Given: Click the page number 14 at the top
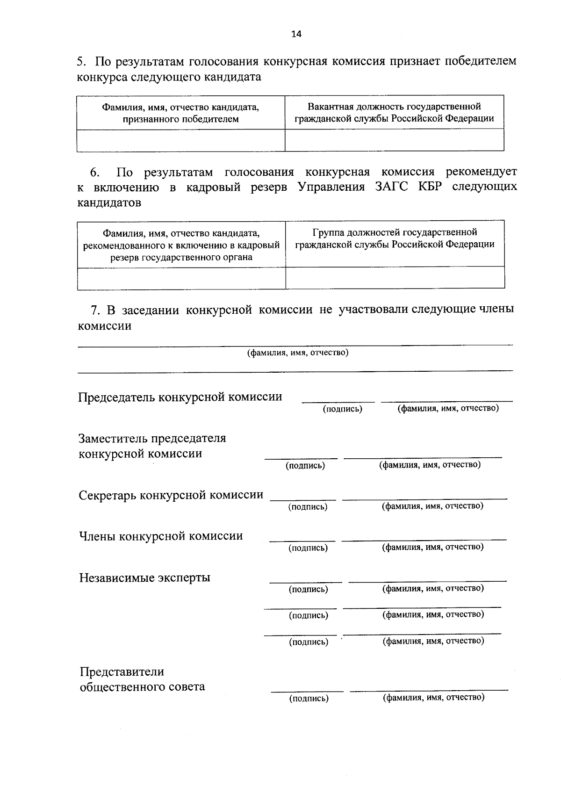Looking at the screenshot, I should [296, 34].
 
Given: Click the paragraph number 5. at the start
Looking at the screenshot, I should [82, 61].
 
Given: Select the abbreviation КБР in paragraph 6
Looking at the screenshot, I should [430, 187].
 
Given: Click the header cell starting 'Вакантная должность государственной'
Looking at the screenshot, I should [394, 112].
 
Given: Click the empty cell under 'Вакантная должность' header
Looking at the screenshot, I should [394, 140].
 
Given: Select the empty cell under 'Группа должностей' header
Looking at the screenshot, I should [395, 278].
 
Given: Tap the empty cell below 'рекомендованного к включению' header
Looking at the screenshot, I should [181, 278].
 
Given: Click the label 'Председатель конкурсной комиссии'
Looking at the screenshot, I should [180, 397].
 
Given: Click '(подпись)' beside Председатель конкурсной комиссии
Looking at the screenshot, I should [343, 409].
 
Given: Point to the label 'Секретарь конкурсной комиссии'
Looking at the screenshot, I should [171, 495].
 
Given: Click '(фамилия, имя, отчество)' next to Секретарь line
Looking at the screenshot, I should [432, 506].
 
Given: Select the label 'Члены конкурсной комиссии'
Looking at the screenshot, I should [161, 536].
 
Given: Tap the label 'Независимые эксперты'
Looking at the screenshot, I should [144, 577].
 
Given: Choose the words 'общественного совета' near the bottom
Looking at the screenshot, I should [142, 687].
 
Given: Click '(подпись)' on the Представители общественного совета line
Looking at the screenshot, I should [309, 699].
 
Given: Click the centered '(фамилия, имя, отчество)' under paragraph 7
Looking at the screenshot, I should [298, 353].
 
